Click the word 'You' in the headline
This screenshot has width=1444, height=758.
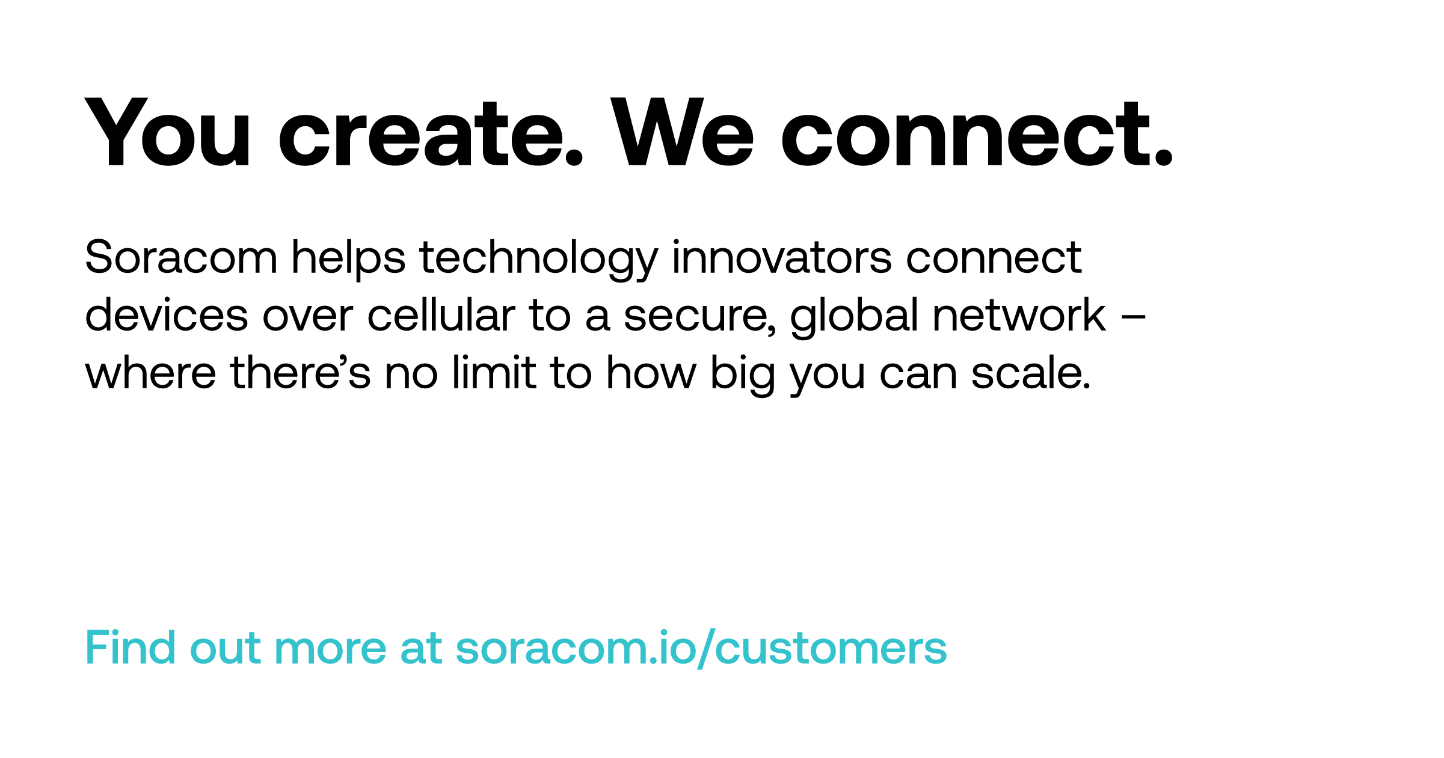(168, 132)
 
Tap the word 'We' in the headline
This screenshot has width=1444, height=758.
(683, 132)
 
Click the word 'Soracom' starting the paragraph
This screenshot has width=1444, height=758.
(181, 257)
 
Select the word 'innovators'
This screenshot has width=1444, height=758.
(782, 257)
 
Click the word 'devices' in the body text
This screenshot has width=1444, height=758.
(167, 314)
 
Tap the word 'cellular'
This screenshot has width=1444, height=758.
(441, 314)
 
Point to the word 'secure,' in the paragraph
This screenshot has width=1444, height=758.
(700, 317)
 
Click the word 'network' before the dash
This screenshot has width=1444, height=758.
(1019, 314)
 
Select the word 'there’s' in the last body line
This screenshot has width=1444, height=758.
(300, 372)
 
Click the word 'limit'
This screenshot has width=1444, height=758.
(494, 372)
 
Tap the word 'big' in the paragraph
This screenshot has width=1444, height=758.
(743, 375)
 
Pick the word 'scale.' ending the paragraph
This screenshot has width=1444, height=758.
(1031, 372)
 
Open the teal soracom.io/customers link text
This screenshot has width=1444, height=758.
(701, 649)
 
